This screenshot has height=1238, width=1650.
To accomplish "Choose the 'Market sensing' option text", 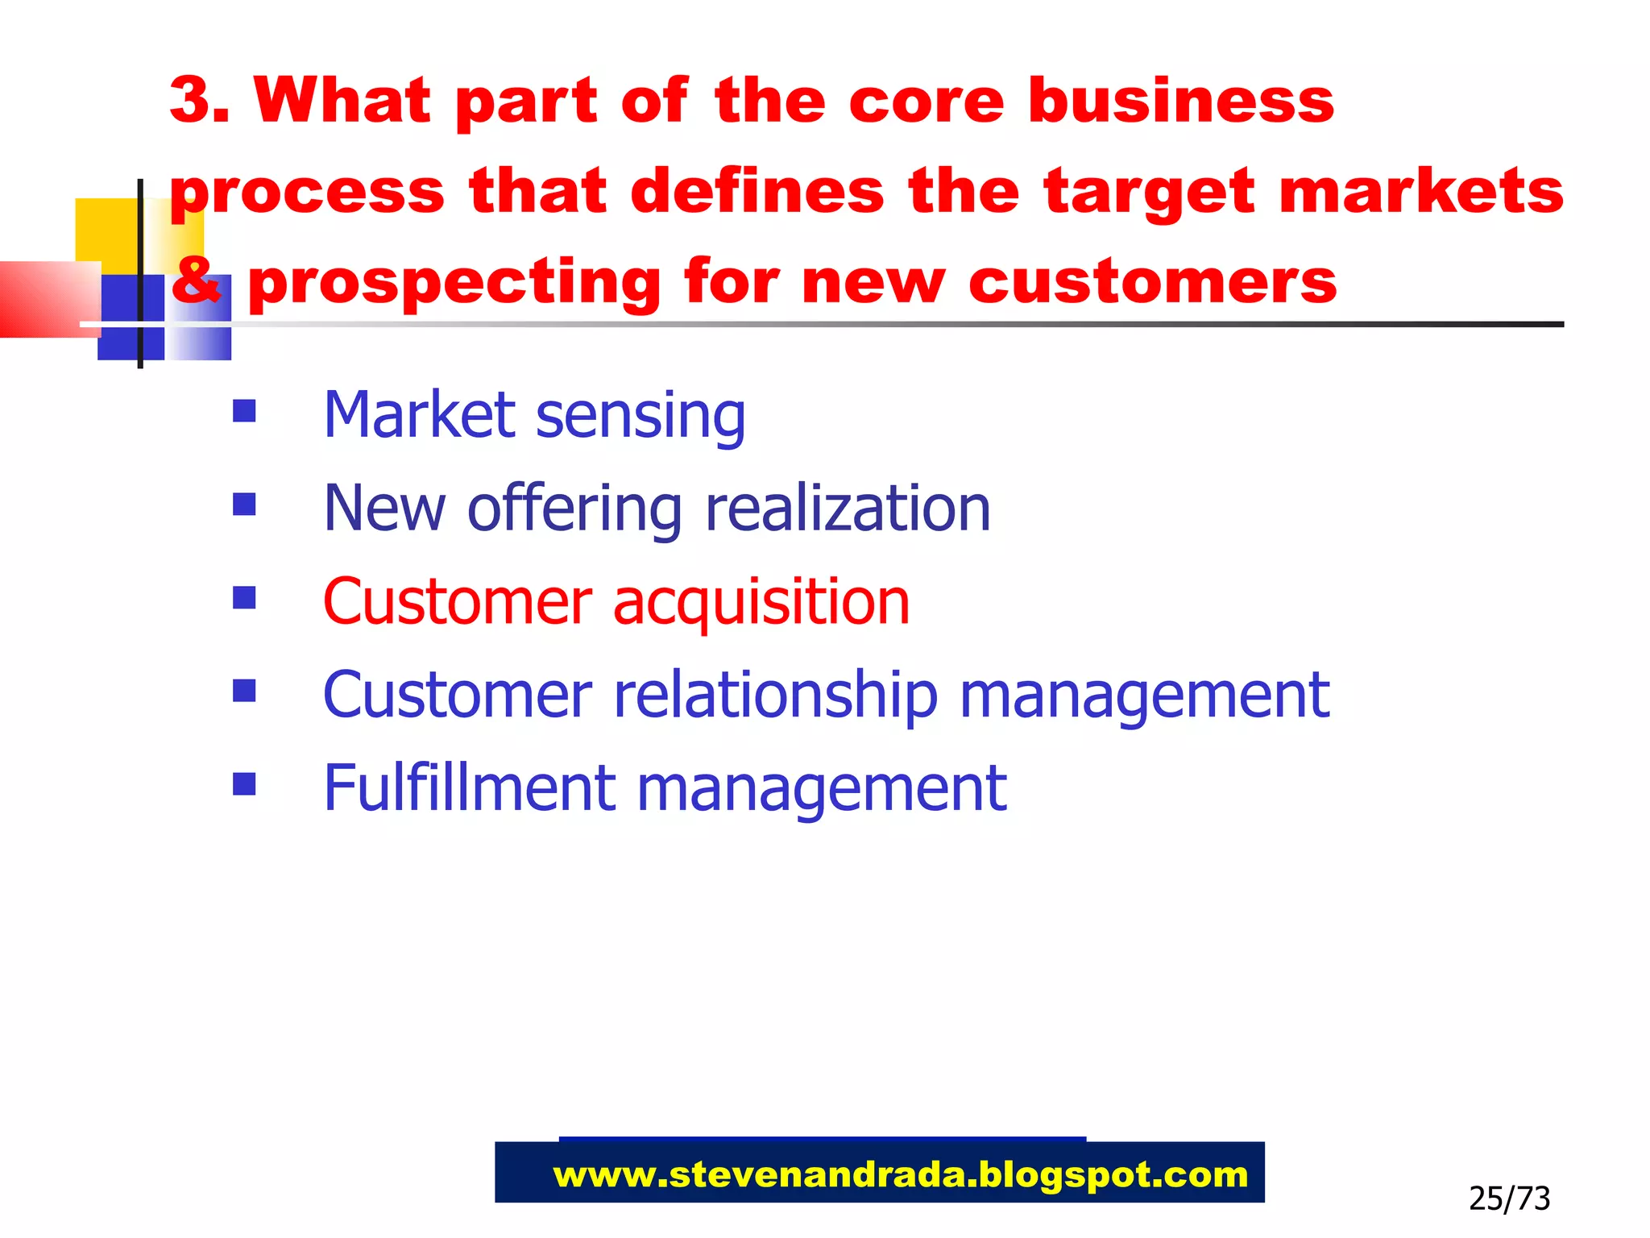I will (534, 415).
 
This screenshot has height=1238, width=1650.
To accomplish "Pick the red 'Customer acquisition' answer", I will (616, 602).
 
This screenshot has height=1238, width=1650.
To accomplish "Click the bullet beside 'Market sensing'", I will (244, 412).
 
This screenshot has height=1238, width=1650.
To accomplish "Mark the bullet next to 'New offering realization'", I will (244, 505).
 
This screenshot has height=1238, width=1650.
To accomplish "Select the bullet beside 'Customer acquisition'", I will (244, 597).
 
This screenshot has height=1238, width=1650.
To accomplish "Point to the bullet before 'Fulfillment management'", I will (244, 783).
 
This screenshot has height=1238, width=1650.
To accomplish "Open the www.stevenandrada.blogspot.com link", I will (900, 1175).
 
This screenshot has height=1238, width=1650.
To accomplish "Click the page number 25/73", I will (1509, 1199).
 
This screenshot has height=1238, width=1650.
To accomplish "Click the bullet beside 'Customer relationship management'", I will (244, 691).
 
